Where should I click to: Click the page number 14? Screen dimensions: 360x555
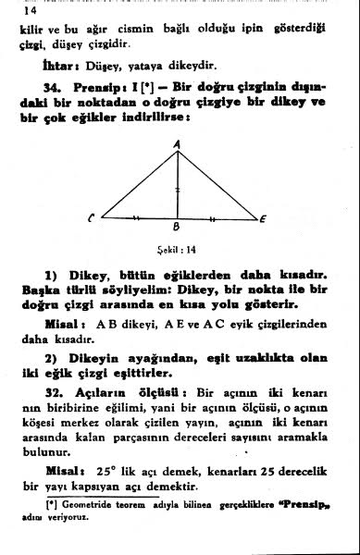pos(27,12)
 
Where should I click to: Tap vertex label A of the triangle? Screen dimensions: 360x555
pos(178,142)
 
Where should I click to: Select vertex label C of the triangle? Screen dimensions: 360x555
pos(92,218)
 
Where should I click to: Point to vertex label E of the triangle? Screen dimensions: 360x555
pos(263,218)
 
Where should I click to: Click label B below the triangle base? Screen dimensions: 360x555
pos(178,228)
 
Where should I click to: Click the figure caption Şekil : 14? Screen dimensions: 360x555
pos(177,248)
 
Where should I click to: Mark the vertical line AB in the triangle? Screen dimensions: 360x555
pos(178,185)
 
